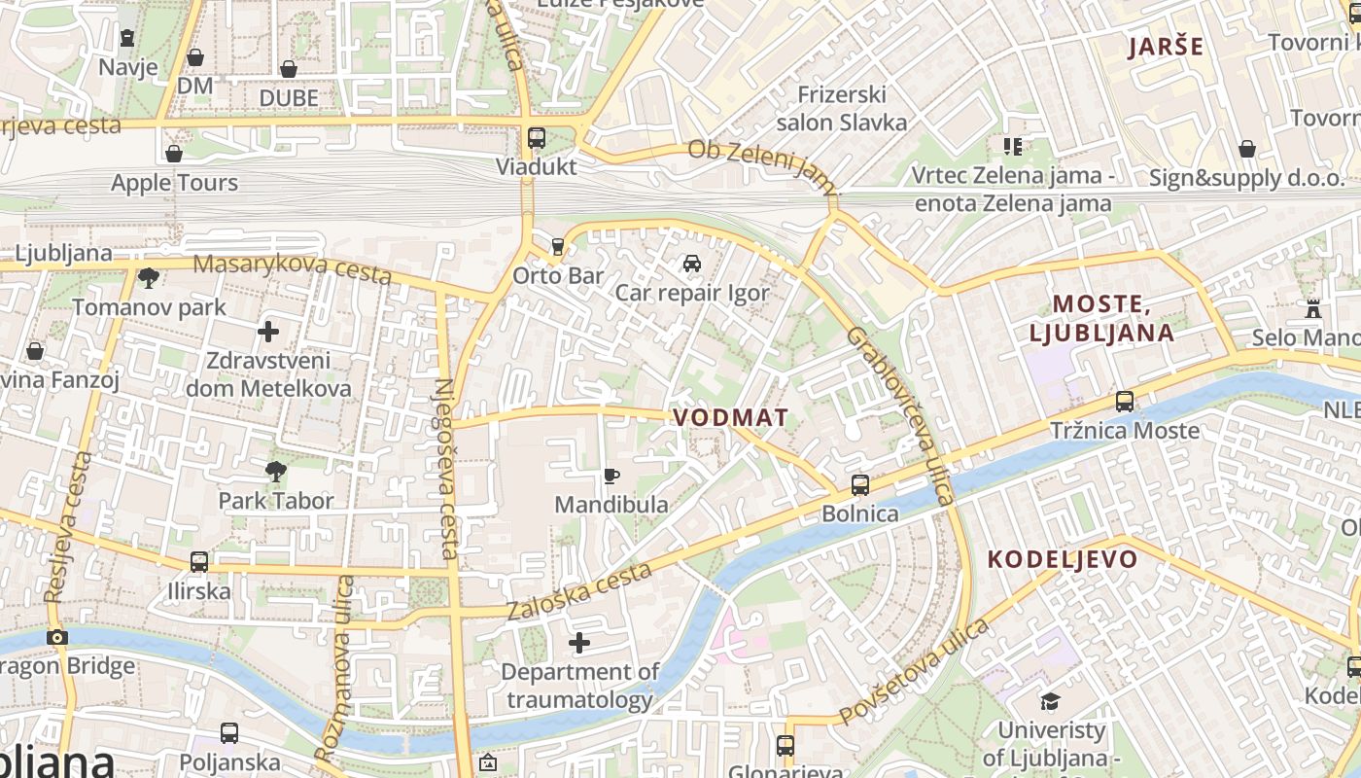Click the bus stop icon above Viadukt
537,138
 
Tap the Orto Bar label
558,275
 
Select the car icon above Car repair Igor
692,264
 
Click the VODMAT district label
731,417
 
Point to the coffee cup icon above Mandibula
611,476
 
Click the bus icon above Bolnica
860,484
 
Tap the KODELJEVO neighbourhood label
1063,559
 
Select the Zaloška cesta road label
579,590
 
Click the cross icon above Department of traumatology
579,643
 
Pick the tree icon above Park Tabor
276,472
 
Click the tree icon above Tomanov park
149,279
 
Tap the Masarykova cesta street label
292,269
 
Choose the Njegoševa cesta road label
446,467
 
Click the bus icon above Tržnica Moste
1125,401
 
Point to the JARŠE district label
1166,47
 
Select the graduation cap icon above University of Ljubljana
1051,701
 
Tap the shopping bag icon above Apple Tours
174,154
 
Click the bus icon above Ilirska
199,561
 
